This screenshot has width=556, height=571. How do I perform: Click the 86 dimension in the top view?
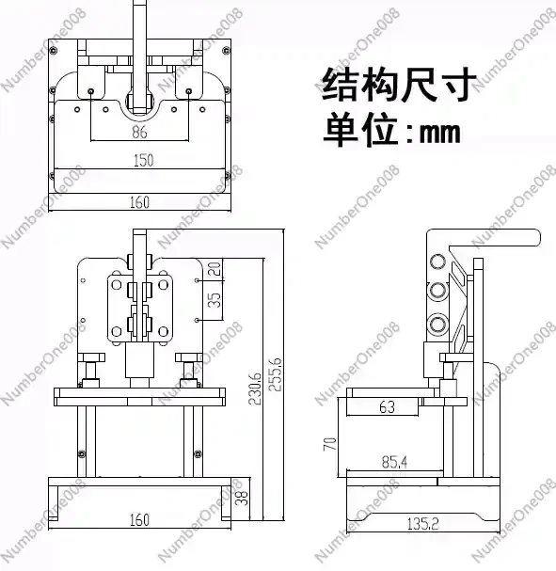(139, 132)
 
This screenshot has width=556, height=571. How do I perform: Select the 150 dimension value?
(143, 160)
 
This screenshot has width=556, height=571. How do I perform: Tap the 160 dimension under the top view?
(139, 202)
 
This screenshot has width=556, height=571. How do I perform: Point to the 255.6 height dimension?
(276, 374)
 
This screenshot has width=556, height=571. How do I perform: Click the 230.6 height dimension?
(255, 389)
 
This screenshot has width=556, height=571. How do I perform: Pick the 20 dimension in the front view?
(214, 269)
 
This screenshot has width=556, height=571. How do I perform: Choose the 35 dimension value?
(214, 300)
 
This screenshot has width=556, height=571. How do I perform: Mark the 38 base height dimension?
(242, 498)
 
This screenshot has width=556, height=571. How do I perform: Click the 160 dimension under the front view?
(139, 519)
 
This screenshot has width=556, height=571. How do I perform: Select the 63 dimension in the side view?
(387, 407)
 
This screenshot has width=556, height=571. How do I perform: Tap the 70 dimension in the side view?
(330, 444)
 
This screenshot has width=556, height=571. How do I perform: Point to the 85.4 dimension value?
(394, 462)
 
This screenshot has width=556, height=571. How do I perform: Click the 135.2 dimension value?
(422, 524)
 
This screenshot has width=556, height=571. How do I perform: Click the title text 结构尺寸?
(400, 84)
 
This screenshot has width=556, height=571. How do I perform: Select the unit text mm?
(440, 133)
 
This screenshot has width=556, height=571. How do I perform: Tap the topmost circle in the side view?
(437, 262)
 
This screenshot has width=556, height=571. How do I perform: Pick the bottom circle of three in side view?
(437, 324)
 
